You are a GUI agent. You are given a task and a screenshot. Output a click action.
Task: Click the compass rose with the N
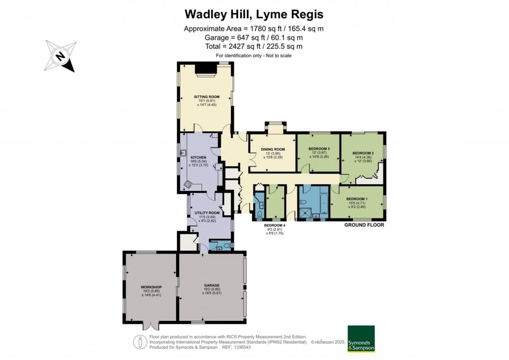point(59,56)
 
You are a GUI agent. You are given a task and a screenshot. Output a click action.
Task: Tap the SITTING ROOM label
point(206,96)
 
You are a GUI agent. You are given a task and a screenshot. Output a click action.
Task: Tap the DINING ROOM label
point(273,149)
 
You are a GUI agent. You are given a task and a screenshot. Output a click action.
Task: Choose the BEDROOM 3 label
point(319,149)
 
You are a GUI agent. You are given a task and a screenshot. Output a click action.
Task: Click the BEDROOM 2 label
point(363,153)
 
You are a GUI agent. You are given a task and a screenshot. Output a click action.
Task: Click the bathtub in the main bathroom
point(322,203)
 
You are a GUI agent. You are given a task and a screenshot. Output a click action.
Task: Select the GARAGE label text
point(211,285)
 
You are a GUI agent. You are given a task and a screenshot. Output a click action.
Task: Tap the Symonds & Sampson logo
point(361,339)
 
